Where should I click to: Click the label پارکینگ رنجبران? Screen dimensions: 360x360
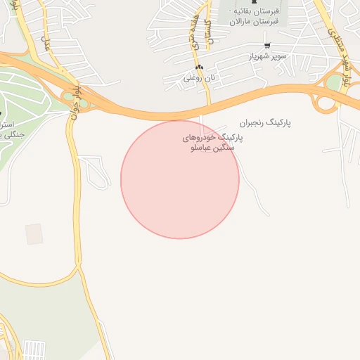pos(265,122)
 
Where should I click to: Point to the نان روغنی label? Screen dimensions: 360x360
pos(198,78)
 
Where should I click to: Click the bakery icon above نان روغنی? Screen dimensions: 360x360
pos(200,67)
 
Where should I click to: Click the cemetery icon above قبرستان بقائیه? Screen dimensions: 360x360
pos(254,2)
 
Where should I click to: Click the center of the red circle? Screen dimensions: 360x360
pos(180,179)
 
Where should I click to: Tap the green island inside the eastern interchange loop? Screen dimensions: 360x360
pos(333,83)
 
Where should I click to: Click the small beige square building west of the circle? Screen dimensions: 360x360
pos(34,234)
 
